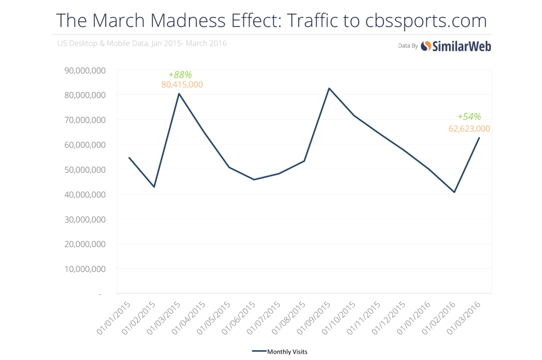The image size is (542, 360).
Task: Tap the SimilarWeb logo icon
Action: coord(426,46)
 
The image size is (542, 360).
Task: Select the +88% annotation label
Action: coord(180,74)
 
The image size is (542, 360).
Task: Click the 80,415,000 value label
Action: coord(182,85)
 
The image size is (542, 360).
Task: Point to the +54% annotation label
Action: coord(469,116)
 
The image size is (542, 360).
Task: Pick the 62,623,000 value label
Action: coord(469,129)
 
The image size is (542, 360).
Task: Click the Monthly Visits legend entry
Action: coord(283,351)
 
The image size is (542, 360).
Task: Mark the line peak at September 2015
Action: coord(329,88)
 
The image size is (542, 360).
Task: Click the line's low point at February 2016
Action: coord(454,192)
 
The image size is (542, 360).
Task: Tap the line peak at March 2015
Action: coord(179,94)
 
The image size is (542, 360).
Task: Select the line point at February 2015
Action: coord(154,187)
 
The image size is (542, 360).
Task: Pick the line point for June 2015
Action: coord(254,179)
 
